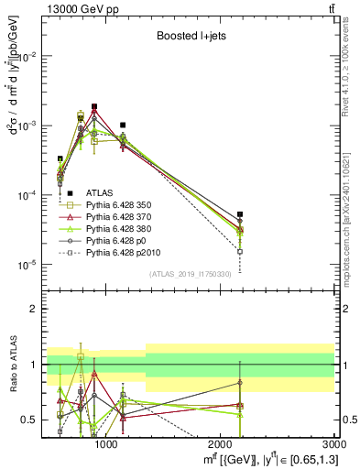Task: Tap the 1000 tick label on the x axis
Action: coord(106,445)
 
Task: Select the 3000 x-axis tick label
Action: coord(334,445)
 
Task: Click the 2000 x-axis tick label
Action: coord(221,445)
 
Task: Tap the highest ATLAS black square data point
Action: coord(94,106)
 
